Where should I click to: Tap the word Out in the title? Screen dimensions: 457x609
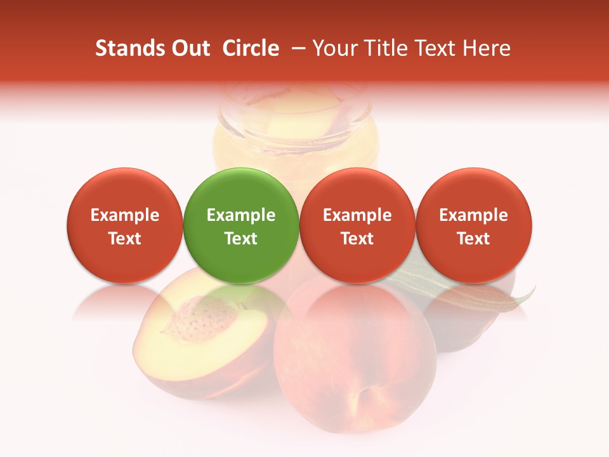coord(190,48)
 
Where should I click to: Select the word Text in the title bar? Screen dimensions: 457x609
coord(434,48)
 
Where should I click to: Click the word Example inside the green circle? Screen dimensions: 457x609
coord(241,215)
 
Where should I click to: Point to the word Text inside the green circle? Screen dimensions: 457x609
coord(241,239)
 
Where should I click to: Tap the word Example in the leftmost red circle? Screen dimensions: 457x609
coord(124,215)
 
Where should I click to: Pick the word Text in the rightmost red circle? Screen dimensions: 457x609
coord(474,239)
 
